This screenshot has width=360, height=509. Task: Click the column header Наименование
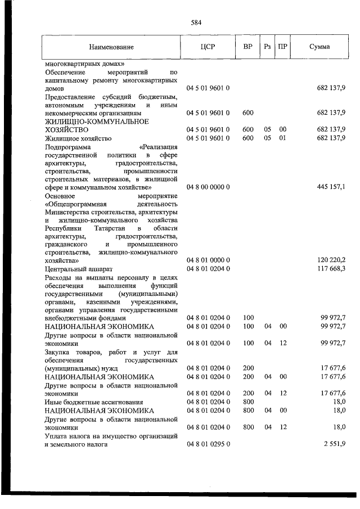coord(111,47)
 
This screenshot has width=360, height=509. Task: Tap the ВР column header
coord(247,47)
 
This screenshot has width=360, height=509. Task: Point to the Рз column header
coord(267,47)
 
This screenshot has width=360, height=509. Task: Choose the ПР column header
coord(283,47)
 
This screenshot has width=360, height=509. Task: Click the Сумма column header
coord(319,47)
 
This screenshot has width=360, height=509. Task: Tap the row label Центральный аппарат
coord(79,269)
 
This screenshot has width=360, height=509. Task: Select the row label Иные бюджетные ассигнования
coord(93,402)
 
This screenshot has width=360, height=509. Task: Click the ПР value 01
coord(283,138)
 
